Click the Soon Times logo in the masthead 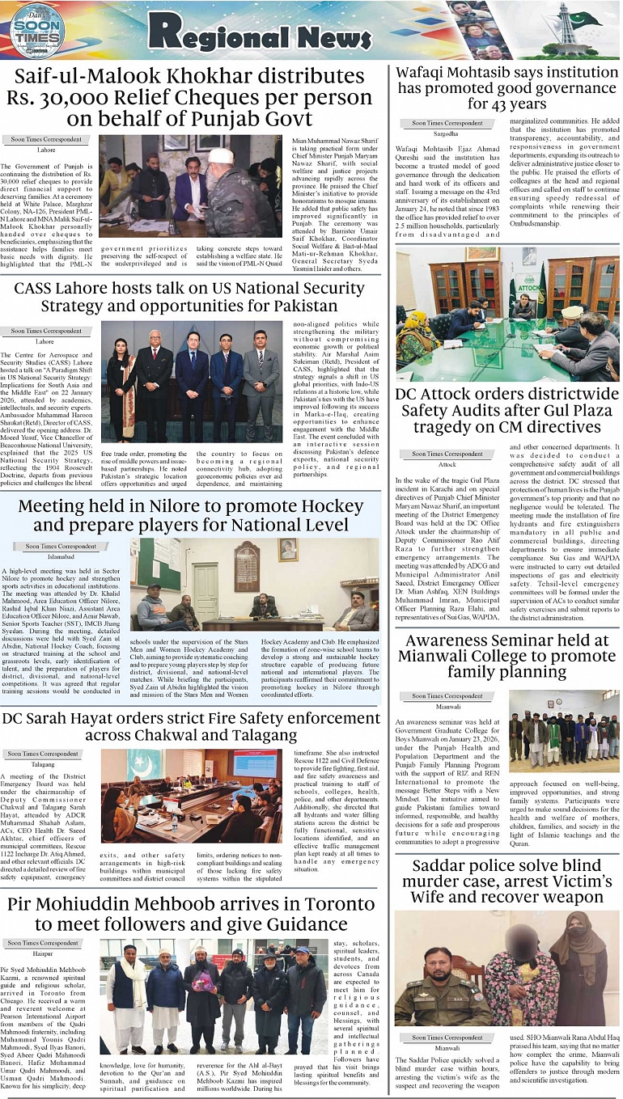coord(37,30)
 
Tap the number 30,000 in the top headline coord(115,98)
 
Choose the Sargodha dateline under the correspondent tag coord(446,133)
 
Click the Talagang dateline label coord(43,763)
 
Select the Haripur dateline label coord(44,954)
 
